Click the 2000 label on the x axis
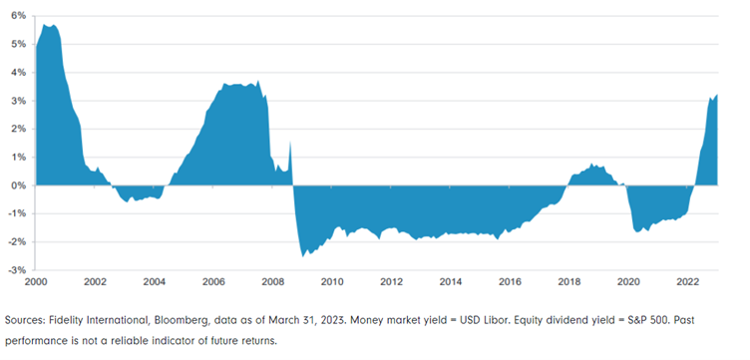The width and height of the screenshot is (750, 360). coord(36,281)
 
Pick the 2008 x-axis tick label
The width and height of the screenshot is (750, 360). coord(272,281)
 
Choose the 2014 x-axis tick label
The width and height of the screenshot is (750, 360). coord(450,281)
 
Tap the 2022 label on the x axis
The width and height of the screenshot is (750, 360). coord(687,281)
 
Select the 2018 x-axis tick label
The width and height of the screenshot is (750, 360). coord(568,281)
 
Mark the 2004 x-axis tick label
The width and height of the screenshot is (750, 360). coord(154,281)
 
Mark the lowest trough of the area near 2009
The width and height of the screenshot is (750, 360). coord(302,256)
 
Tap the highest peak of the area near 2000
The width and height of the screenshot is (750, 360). coord(46,25)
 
